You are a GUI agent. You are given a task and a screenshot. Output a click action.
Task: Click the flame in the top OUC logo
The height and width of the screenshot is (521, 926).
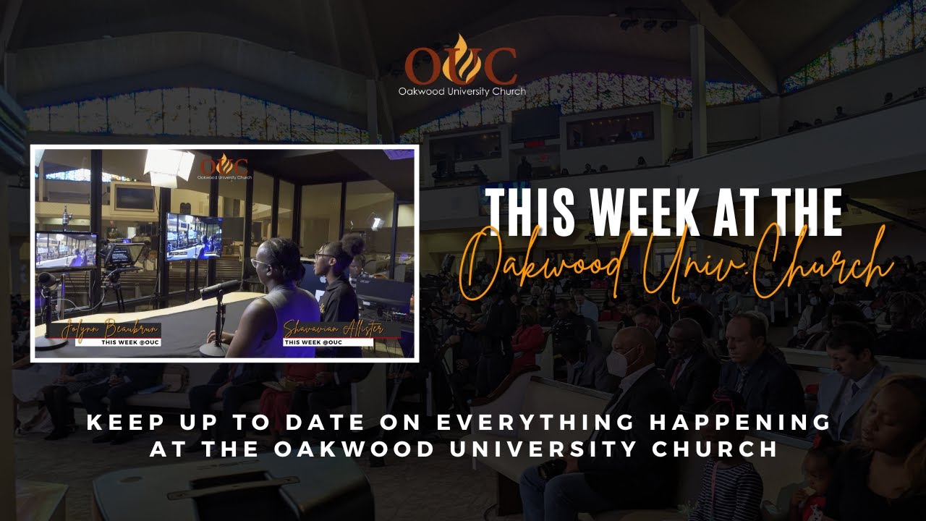(463, 56)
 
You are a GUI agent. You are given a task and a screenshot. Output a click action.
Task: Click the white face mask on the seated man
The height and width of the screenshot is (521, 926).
(617, 362)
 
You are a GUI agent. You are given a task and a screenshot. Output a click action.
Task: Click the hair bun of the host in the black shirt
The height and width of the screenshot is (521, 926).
(352, 245)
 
